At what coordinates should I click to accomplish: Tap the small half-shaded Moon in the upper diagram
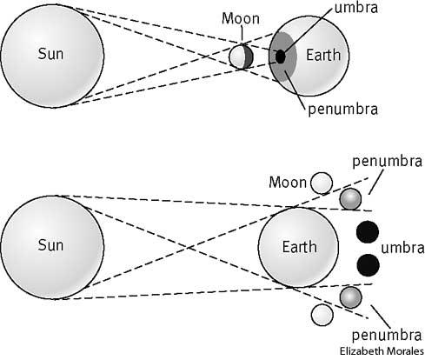[242, 57]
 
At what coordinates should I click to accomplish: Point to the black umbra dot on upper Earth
[280, 57]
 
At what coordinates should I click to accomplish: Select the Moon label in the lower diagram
[288, 183]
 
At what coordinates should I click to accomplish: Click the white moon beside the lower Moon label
[322, 183]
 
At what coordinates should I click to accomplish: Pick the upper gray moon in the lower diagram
[349, 199]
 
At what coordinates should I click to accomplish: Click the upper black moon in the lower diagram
[368, 232]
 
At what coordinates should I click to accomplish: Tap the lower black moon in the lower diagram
[368, 264]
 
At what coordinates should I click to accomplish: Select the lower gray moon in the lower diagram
[349, 297]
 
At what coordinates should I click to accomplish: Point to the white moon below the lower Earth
[322, 315]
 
